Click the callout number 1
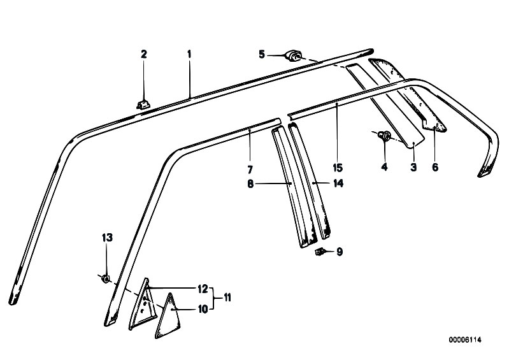pyautogui.click(x=189, y=54)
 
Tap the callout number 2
pyautogui.click(x=144, y=54)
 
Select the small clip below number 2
pyautogui.click(x=143, y=104)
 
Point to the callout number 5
pyautogui.click(x=262, y=54)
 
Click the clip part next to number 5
pyautogui.click(x=293, y=55)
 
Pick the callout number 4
pyautogui.click(x=384, y=167)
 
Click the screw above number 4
pyautogui.click(x=385, y=136)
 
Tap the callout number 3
pyautogui.click(x=413, y=167)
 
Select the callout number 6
pyautogui.click(x=435, y=167)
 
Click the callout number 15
pyautogui.click(x=338, y=168)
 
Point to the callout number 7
pyautogui.click(x=250, y=169)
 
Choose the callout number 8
pyautogui.click(x=250, y=184)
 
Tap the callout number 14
pyautogui.click(x=338, y=184)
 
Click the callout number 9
pyautogui.click(x=340, y=252)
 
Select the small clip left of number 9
pyautogui.click(x=320, y=251)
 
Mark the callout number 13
pyautogui.click(x=108, y=238)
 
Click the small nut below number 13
pyautogui.click(x=106, y=278)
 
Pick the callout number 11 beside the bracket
pyautogui.click(x=227, y=298)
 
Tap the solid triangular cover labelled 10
pyautogui.click(x=168, y=317)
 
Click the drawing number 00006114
pyautogui.click(x=465, y=340)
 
